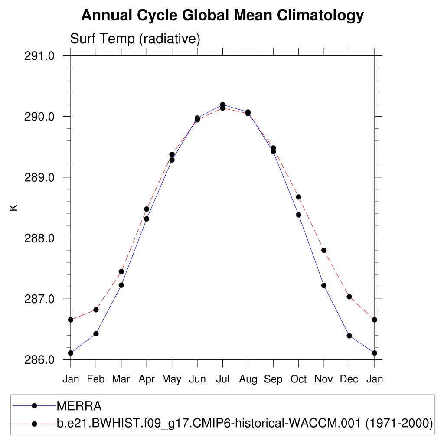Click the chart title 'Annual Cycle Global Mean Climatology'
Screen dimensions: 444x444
[x=222, y=15]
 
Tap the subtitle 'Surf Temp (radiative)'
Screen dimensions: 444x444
[x=135, y=39]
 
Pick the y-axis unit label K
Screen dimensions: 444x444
[x=14, y=208]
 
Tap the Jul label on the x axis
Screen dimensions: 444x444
[x=222, y=379]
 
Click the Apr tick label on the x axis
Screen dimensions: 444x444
[x=147, y=379]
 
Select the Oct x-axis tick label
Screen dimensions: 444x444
[x=298, y=379]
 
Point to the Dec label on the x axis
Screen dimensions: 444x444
[x=349, y=379]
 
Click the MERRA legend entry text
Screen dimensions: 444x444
[x=79, y=406]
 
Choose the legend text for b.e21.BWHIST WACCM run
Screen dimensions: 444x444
[x=245, y=423]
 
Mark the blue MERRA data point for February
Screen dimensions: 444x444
[x=96, y=334]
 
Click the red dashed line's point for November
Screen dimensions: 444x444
[x=324, y=250]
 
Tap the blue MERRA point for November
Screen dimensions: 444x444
[x=324, y=285]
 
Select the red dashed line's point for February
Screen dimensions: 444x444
[x=96, y=310]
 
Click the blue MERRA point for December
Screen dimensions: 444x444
[x=349, y=336]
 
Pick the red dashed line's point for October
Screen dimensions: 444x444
[x=298, y=197]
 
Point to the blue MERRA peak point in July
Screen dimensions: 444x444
[x=222, y=104]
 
